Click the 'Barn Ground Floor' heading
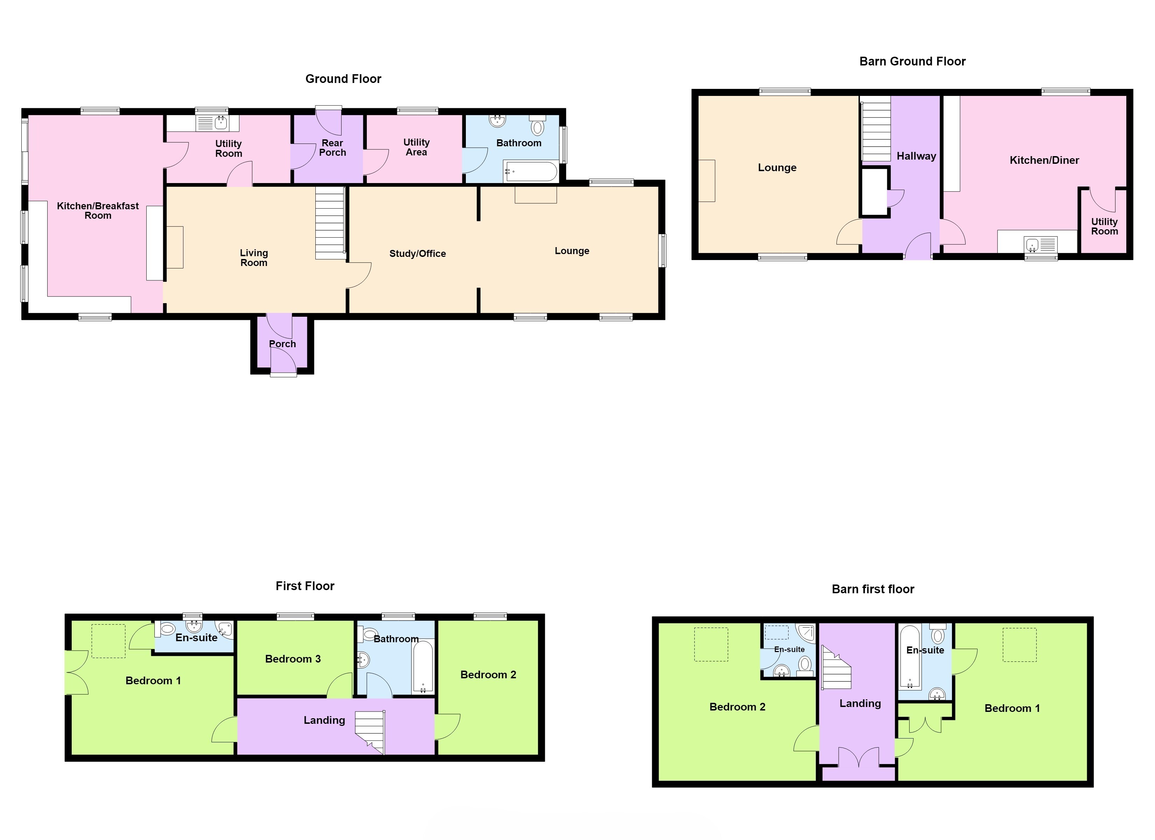pos(912,62)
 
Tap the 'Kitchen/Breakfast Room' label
pos(98,210)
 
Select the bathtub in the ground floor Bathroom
pos(531,171)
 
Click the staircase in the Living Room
pos(330,223)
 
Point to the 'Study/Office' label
pos(418,254)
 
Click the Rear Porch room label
pos(332,148)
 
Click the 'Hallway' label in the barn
pos(916,156)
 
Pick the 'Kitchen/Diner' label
pos(1044,160)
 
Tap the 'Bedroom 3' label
pos(293,659)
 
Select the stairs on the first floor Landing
pos(370,732)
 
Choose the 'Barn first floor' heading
pos(873,589)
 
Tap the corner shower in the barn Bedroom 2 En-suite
pos(806,633)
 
